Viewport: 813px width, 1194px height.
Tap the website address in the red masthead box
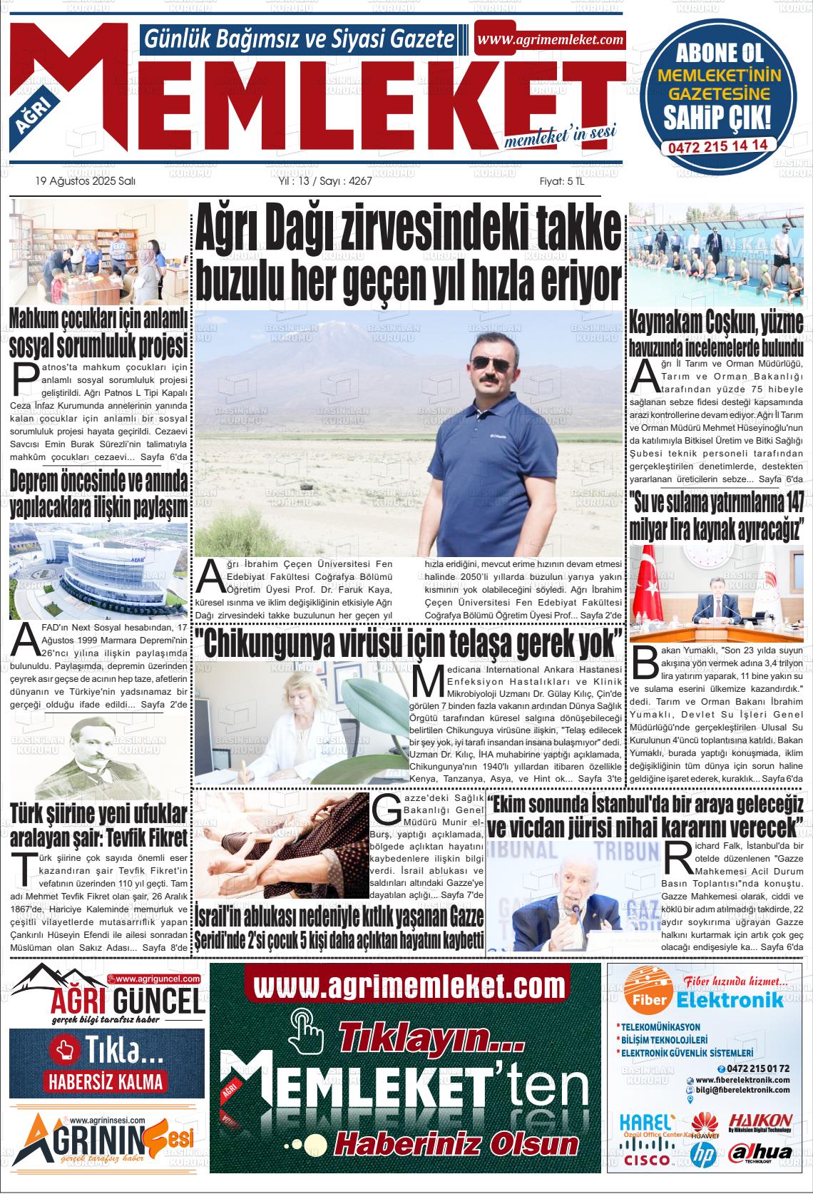(x=550, y=40)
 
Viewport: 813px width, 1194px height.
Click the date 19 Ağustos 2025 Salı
(x=85, y=181)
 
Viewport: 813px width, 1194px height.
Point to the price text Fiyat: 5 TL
(x=562, y=181)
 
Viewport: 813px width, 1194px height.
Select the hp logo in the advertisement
(x=702, y=1152)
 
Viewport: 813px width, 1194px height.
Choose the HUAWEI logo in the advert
(x=704, y=1126)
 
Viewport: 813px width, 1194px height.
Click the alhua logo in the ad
(x=760, y=1153)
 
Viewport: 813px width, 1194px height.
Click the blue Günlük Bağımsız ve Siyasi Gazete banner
(x=300, y=40)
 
